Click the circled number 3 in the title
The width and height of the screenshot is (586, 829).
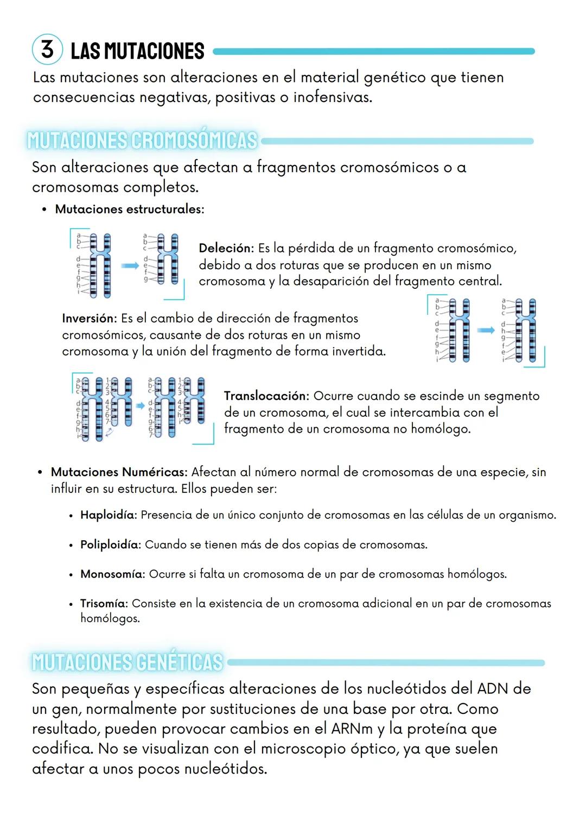coord(48,49)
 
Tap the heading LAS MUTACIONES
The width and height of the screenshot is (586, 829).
coord(137,52)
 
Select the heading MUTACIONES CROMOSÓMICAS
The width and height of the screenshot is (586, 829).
coord(142,140)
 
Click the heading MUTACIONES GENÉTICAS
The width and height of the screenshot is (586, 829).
coord(128,662)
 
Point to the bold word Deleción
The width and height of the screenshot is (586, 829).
coord(226,249)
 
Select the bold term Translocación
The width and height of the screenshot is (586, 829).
coord(266,396)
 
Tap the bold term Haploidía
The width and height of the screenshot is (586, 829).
coord(108,515)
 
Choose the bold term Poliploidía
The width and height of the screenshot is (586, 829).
coord(110,545)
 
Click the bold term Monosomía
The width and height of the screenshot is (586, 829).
coord(112,574)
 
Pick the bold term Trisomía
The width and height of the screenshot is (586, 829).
coord(104,603)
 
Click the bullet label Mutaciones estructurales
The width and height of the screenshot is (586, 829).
coord(129,209)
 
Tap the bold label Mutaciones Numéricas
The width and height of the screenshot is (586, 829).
coord(119,472)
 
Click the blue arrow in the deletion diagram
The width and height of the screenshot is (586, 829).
coord(130,265)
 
